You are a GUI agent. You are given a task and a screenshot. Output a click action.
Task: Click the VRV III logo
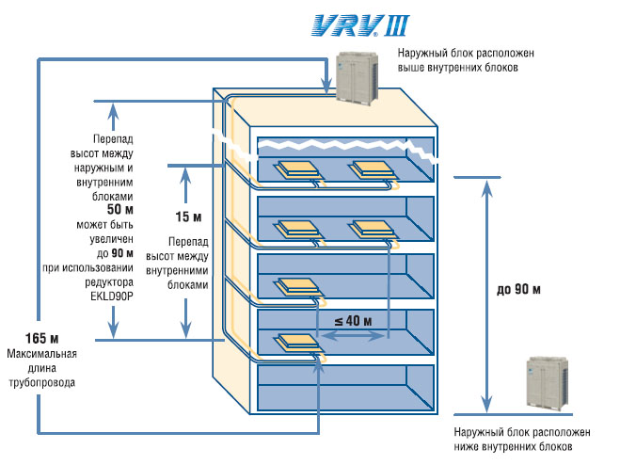(x=360, y=25)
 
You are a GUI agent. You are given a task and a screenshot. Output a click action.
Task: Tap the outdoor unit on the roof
(x=358, y=78)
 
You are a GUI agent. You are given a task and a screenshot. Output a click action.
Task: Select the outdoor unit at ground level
(x=548, y=382)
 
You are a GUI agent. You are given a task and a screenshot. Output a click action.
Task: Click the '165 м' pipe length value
(x=42, y=338)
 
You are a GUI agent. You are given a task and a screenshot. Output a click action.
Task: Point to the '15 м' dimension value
(x=188, y=216)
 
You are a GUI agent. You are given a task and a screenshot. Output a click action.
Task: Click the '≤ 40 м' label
(x=353, y=321)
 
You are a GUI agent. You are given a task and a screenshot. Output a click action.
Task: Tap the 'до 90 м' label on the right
(x=518, y=289)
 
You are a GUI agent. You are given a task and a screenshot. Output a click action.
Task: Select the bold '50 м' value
(x=120, y=209)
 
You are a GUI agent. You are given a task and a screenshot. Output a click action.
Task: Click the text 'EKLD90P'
(x=112, y=296)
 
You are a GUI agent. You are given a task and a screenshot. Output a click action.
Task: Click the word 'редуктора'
(x=109, y=282)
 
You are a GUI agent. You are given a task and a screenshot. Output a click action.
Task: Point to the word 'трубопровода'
(x=42, y=383)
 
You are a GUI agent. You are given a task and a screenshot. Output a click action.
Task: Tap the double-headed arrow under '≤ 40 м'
(x=352, y=336)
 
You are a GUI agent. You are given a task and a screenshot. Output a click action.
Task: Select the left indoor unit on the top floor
(x=297, y=169)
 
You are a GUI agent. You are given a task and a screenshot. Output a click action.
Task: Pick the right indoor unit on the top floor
(x=372, y=169)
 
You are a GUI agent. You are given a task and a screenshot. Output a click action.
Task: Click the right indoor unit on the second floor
(x=372, y=230)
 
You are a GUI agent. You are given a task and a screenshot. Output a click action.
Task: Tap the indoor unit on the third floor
(x=297, y=287)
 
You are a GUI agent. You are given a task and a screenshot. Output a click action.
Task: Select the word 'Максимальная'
(x=42, y=353)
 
